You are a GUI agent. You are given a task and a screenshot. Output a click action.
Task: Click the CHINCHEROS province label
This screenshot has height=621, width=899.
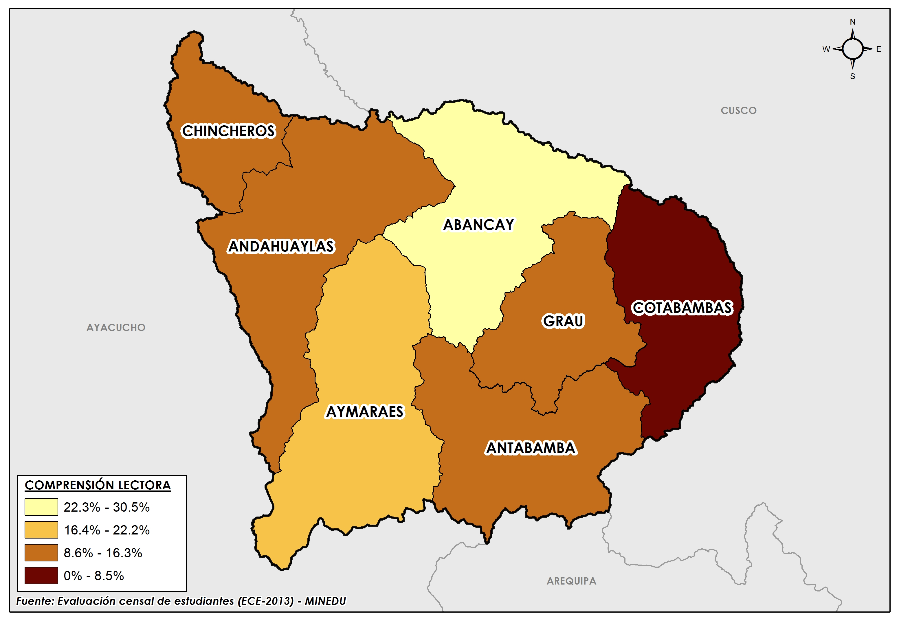coord(228,131)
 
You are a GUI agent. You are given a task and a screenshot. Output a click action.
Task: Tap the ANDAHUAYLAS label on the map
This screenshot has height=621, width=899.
coord(281,247)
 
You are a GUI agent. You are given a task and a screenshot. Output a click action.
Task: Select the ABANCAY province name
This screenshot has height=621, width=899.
coord(478,225)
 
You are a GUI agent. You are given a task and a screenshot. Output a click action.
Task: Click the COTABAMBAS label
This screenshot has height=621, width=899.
coord(682,308)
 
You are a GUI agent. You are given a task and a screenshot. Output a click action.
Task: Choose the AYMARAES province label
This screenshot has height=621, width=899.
coord(365,412)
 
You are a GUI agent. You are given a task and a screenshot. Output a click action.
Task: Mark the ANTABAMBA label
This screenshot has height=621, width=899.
coord(531,448)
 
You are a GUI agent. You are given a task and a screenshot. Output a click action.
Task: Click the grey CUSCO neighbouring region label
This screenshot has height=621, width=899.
coord(738,111)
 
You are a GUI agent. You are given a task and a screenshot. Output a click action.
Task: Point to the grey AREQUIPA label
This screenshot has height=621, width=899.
coord(571,581)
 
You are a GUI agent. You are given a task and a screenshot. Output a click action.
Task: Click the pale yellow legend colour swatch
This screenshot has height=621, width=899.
coord(41,507)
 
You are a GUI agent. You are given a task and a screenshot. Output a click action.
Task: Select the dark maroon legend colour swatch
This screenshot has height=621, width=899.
coord(41,576)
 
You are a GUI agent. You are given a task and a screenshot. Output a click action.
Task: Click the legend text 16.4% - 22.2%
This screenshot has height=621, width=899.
coord(107,530)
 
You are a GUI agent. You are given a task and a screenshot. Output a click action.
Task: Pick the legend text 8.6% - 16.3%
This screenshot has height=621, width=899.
coord(103,553)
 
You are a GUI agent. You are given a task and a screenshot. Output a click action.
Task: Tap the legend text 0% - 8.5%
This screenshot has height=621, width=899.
coord(93,576)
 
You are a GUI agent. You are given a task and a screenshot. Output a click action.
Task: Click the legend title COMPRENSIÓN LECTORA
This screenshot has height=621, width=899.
coord(98,485)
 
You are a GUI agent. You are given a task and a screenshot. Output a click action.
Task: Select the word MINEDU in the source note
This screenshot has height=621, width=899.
coord(325,601)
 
